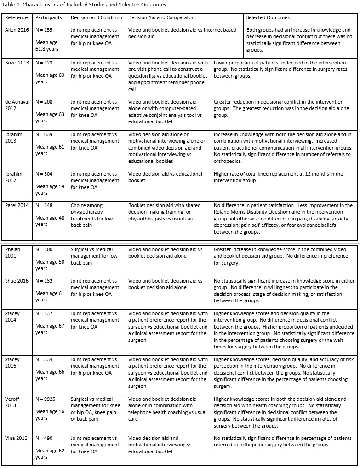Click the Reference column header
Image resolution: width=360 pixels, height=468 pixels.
tap(17, 18)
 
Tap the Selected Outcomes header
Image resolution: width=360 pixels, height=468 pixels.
tap(268, 18)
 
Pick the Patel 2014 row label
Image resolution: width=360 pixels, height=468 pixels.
tap(17, 206)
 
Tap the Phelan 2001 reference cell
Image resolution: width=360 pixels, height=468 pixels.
tap(15, 253)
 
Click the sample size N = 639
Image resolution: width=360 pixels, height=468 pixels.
tap(46, 135)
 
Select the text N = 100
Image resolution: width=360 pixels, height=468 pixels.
tap(46, 249)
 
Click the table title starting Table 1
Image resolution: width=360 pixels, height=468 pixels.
tap(84, 5)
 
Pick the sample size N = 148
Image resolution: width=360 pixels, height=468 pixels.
tap(46, 206)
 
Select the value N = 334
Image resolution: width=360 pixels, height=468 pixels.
tap(46, 359)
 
